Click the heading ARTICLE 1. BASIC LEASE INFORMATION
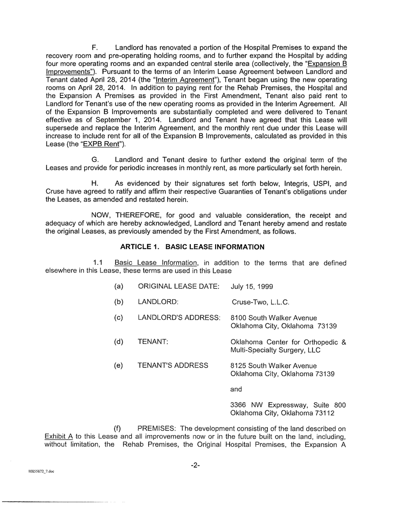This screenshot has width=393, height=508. [192, 247]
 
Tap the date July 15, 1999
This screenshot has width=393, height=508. [252, 286]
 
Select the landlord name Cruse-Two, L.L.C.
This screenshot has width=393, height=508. [260, 302]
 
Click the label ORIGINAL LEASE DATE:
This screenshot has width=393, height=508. [179, 286]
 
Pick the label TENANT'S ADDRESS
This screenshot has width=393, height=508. [173, 365]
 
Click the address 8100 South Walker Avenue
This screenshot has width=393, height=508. [274, 318]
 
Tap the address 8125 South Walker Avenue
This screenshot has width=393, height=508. [274, 365]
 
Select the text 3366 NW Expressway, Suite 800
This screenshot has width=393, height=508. [288, 405]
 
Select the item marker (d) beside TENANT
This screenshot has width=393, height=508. [119, 342]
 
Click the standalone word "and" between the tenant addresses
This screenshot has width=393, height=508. [237, 389]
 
